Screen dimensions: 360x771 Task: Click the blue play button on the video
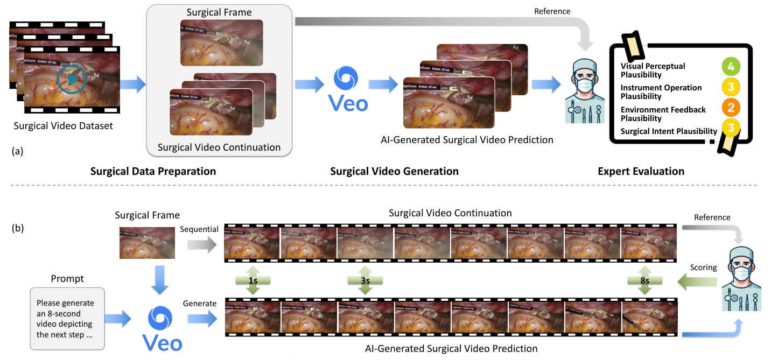[x=71, y=80]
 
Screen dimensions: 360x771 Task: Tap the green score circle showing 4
[x=731, y=67]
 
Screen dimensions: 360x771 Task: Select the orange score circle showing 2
[x=731, y=108]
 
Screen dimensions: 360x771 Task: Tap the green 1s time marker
[x=253, y=281]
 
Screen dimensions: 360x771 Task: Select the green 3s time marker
[x=366, y=281]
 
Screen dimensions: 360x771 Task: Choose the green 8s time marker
[x=644, y=281]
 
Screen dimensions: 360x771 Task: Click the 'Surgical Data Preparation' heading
[x=153, y=172]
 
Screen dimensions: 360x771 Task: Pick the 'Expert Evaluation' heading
[x=641, y=172]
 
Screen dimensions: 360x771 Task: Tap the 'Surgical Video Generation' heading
[x=394, y=172]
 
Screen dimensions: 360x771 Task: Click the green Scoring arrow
[x=697, y=280]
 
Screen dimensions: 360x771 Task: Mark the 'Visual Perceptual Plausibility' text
[x=653, y=70]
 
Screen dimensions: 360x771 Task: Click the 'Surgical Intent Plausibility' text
[x=669, y=131]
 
